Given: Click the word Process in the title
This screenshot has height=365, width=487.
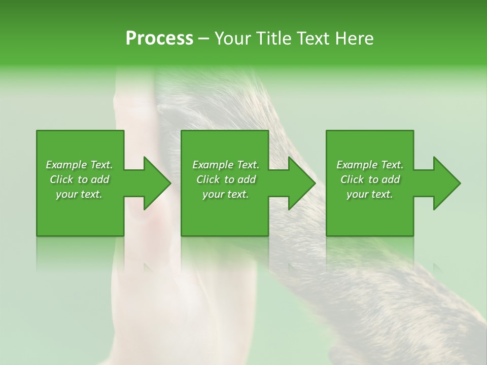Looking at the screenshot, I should point(159,39).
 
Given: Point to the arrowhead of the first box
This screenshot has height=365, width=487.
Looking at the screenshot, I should point(157,184).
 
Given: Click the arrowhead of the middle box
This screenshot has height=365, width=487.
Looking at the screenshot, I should point(302,184).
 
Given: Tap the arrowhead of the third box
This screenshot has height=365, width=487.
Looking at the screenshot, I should point(447,184).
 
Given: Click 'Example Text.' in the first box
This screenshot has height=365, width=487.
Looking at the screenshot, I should point(79,165).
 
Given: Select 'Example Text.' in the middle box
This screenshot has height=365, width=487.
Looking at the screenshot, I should point(226,165).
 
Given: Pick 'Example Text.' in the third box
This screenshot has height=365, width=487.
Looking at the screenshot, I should point(370,165).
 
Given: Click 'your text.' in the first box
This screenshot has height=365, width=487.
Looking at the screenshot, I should point(79,194).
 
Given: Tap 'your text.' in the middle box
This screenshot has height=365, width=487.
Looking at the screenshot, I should point(226,194).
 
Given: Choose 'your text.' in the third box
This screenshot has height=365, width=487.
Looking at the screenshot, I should point(370,194).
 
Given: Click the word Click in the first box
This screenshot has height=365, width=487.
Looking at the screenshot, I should point(61,179).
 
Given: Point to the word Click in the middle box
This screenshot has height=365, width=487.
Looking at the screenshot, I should point(208,179).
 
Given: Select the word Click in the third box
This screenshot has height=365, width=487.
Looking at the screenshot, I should point(352,179).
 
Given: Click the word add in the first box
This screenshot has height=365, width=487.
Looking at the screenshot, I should point(100,179).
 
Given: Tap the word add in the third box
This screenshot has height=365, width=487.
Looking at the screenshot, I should point(391,179).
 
